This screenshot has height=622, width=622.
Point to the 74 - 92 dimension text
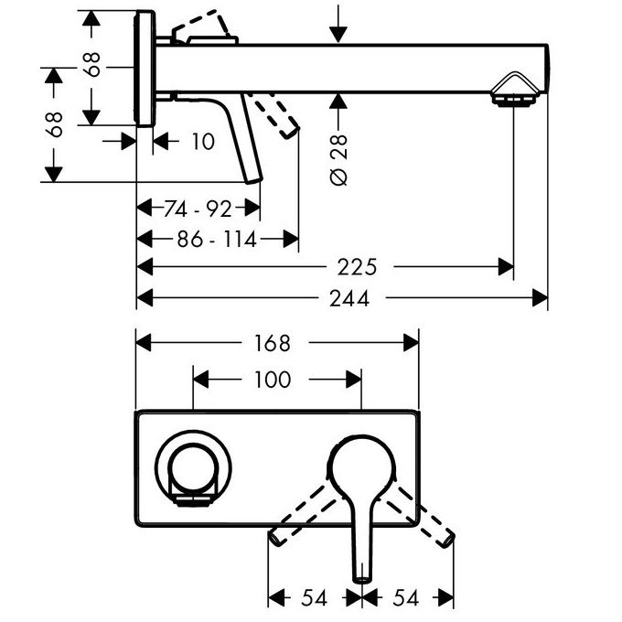(x=198, y=209)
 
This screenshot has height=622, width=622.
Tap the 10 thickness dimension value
(x=203, y=141)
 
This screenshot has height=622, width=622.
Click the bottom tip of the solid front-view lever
(x=362, y=574)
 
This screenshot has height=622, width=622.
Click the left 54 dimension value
(x=315, y=597)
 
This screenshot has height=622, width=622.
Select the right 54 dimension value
(x=407, y=597)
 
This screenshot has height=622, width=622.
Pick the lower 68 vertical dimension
(x=54, y=123)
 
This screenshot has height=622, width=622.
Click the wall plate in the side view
(x=145, y=70)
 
